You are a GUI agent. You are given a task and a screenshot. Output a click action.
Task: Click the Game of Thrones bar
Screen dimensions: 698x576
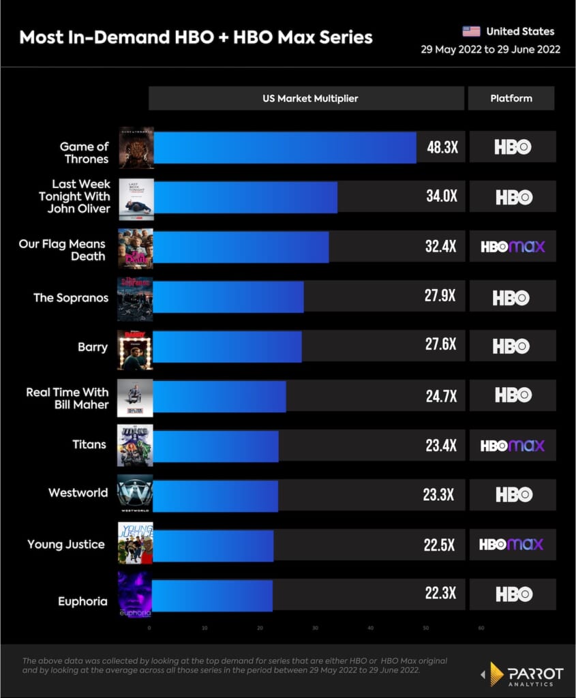pyautogui.click(x=284, y=147)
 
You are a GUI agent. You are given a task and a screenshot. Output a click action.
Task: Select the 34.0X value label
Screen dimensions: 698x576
pyautogui.click(x=440, y=197)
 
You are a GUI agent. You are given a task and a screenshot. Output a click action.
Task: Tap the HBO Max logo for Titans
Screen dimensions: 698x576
pyautogui.click(x=513, y=446)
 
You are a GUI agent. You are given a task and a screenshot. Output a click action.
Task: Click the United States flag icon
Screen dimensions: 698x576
pyautogui.click(x=471, y=31)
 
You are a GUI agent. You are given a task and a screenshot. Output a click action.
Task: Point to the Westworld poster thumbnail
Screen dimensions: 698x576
pyautogui.click(x=135, y=494)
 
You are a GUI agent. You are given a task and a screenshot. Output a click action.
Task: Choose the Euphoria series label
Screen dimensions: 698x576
pyautogui.click(x=82, y=601)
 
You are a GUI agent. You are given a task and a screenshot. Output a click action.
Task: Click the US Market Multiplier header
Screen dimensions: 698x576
pyautogui.click(x=310, y=98)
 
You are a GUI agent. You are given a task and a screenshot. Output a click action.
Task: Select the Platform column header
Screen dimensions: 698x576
pyautogui.click(x=511, y=98)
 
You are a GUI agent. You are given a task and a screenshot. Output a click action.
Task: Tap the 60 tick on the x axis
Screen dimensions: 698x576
pyautogui.click(x=481, y=628)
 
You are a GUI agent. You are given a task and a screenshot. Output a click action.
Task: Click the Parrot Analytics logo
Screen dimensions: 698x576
pyautogui.click(x=523, y=674)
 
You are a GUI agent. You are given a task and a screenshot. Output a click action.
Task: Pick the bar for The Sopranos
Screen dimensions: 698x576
pyautogui.click(x=228, y=297)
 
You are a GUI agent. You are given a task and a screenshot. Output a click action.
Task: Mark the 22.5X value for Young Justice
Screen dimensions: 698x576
pyautogui.click(x=440, y=544)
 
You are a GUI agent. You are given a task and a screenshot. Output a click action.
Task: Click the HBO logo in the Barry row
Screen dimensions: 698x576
pyautogui.click(x=512, y=346)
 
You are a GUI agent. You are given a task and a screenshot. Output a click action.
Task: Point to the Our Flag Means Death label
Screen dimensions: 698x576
pyautogui.click(x=63, y=250)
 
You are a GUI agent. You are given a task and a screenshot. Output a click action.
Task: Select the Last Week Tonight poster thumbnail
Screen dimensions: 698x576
pyautogui.click(x=136, y=199)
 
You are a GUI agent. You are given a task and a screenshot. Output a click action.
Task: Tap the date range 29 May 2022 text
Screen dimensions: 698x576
pyautogui.click(x=491, y=50)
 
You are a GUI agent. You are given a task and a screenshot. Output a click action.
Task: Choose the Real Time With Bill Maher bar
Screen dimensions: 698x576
pyautogui.click(x=219, y=395)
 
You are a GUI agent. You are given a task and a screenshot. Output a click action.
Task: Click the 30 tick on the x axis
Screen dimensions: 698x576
pyautogui.click(x=315, y=628)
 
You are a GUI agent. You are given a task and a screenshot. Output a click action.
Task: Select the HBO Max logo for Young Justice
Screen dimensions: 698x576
pyautogui.click(x=511, y=544)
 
